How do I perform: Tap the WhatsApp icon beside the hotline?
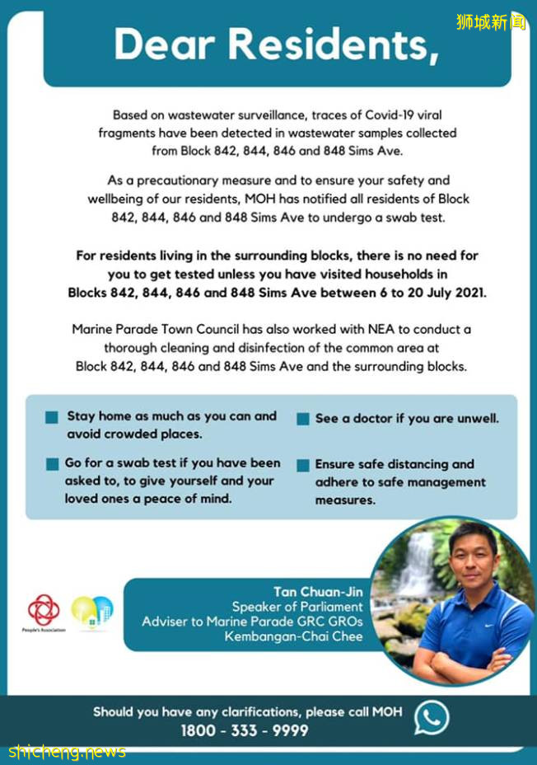point(432,717)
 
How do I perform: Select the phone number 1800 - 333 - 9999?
point(245,730)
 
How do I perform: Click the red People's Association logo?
point(43,611)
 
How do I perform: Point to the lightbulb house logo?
point(92,612)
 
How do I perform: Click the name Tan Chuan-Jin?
point(318,592)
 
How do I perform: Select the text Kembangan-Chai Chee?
point(293,636)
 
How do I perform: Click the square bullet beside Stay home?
point(52,418)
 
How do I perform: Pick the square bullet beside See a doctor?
point(302,419)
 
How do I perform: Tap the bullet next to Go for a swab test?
point(52,464)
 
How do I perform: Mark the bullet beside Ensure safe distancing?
point(302,465)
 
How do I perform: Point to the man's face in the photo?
point(473,557)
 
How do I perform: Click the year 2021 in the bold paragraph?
point(466,293)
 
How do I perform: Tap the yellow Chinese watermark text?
point(491,21)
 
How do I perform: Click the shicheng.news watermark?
point(68,751)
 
